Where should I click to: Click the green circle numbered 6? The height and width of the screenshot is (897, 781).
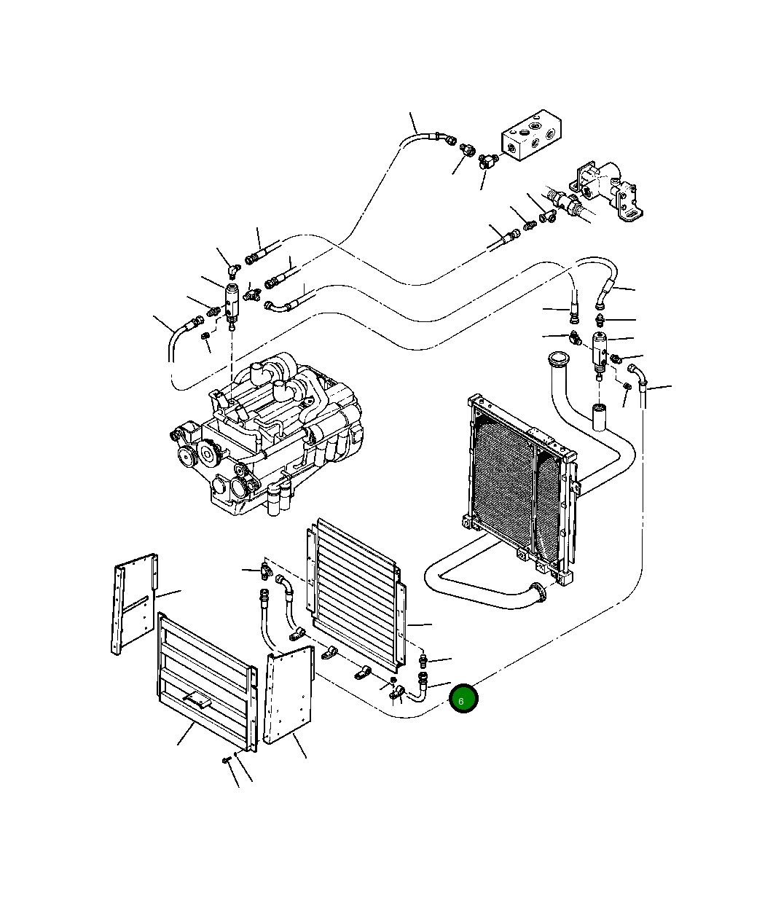click(x=463, y=698)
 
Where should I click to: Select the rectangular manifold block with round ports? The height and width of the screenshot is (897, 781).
click(x=531, y=135)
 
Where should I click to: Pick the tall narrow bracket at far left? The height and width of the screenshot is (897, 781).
click(x=134, y=604)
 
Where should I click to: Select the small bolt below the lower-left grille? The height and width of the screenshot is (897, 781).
click(x=227, y=759)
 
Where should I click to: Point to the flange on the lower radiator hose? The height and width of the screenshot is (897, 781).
click(x=539, y=592)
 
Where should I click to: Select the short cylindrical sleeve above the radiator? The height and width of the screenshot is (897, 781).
click(x=599, y=418)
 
